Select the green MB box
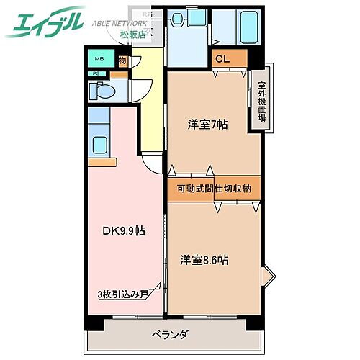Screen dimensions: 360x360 96,60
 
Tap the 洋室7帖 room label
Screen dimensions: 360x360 208,124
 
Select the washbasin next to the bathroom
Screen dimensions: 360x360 177,22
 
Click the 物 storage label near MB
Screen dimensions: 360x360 123,61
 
